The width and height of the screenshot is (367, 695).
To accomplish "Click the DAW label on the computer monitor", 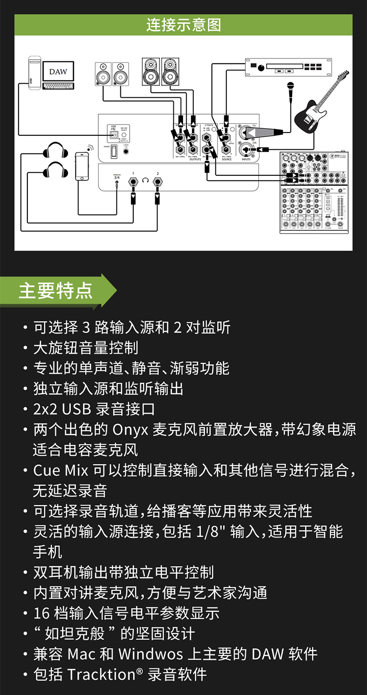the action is pos(58,72).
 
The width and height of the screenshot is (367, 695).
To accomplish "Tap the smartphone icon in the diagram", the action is pos(82,166).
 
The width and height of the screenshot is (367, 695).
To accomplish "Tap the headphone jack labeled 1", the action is pos(133,181).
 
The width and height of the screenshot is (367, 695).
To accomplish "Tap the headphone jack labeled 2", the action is pos(157,181).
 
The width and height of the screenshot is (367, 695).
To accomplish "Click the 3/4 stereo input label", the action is pos(117,177).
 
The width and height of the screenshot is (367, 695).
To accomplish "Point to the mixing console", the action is pos(312,191).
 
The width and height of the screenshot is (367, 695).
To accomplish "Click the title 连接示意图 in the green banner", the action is pos(183,25).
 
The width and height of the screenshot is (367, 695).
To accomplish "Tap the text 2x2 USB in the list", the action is pos(61,409).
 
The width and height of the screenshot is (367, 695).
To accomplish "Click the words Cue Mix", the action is pos(60,470).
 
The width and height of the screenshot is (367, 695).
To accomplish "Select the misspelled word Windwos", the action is pos(150,654).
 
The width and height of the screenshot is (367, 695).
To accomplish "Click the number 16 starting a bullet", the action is pos(41,613).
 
